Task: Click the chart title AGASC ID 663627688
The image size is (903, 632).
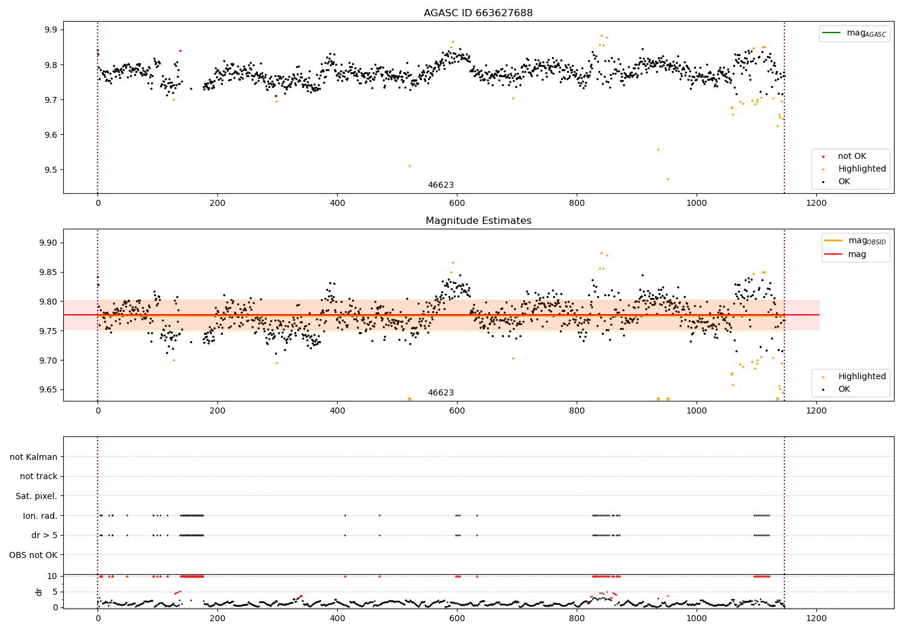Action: (478, 13)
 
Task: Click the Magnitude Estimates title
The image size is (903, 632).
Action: (478, 221)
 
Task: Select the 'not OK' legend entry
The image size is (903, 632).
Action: (852, 156)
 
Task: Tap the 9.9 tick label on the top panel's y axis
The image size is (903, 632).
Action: (51, 30)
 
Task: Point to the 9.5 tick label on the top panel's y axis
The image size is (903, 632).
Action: (51, 170)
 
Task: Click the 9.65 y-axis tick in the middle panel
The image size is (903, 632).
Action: (48, 390)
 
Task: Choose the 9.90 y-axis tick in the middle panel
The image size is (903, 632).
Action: (48, 243)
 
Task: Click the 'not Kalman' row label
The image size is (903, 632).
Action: (34, 457)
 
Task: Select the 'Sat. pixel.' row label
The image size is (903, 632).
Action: (36, 496)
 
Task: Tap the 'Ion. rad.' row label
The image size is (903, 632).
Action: (40, 516)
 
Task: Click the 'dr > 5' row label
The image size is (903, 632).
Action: (44, 535)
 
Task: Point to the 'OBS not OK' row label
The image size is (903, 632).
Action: (33, 555)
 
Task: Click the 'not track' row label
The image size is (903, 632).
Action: (39, 476)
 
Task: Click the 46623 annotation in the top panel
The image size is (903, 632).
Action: (441, 185)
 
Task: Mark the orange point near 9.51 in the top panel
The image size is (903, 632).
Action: (409, 166)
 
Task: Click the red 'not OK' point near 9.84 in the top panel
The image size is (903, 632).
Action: (180, 51)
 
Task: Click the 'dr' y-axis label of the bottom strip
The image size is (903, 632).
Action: (39, 592)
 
